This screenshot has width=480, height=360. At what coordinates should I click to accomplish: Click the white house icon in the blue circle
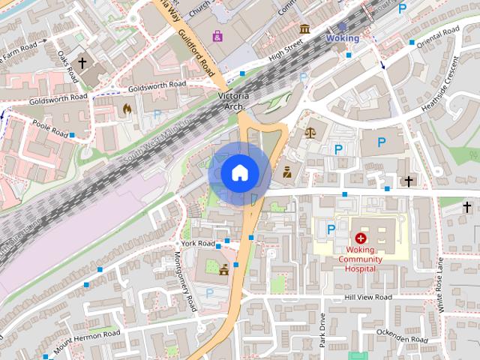click(x=238, y=172)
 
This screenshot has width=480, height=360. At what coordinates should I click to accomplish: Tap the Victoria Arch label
click(x=232, y=101)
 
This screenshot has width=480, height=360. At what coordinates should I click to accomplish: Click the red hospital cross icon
click(x=361, y=237)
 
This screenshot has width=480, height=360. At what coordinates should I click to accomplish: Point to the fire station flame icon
click(x=127, y=109)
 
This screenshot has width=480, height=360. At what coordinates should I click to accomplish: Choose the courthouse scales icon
click(x=310, y=132)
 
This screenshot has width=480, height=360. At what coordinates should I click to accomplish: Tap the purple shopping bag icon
click(x=217, y=35)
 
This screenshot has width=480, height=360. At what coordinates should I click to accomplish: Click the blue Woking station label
click(x=343, y=37)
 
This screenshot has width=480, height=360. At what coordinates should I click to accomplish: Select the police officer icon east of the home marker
click(x=286, y=174)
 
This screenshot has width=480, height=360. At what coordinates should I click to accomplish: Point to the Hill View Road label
click(x=368, y=297)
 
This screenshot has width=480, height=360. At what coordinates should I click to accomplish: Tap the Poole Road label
click(x=49, y=129)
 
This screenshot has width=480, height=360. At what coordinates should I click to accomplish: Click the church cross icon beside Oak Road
click(x=83, y=65)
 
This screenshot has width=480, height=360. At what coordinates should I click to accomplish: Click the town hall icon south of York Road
click(x=223, y=271)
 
